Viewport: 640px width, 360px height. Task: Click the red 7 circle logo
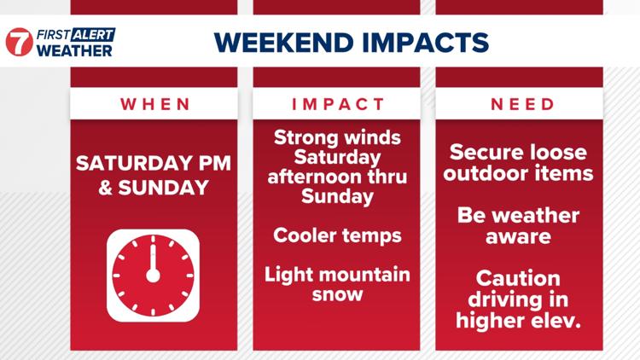19,42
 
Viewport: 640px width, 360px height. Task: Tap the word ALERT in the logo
93,35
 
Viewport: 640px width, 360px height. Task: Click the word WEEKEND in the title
283,43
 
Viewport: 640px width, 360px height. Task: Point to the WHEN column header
155,104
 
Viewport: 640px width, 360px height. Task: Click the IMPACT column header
338,104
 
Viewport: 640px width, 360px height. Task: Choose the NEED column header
522,104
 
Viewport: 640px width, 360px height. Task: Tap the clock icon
153,276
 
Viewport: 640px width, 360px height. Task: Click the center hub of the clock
153,276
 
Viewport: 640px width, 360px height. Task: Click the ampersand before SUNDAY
105,188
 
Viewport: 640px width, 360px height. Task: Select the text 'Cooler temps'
337,236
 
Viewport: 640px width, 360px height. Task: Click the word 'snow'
337,294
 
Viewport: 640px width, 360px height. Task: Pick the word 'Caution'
518,279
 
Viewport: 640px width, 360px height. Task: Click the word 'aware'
518,237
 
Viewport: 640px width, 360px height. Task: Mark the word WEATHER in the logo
74,50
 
